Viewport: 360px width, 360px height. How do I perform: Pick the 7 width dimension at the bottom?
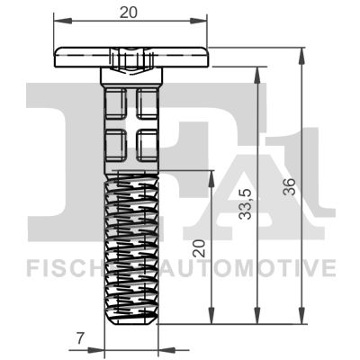[80, 338]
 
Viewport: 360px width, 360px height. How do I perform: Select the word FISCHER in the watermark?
[64, 268]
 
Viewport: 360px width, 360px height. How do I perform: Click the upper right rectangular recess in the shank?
[147, 102]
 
